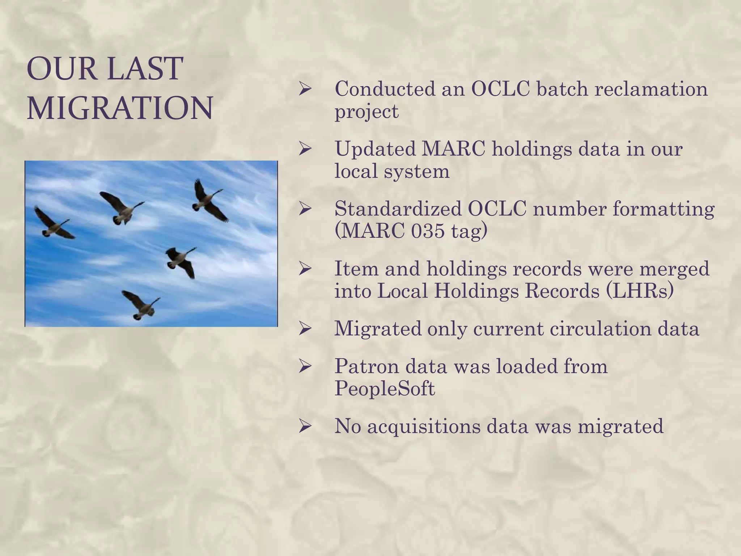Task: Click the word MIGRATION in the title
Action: [x=120, y=108]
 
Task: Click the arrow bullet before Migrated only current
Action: [x=305, y=329]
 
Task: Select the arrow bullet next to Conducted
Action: [x=305, y=89]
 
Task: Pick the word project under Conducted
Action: [x=366, y=111]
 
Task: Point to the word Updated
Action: [x=375, y=149]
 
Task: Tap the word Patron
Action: [x=367, y=367]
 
